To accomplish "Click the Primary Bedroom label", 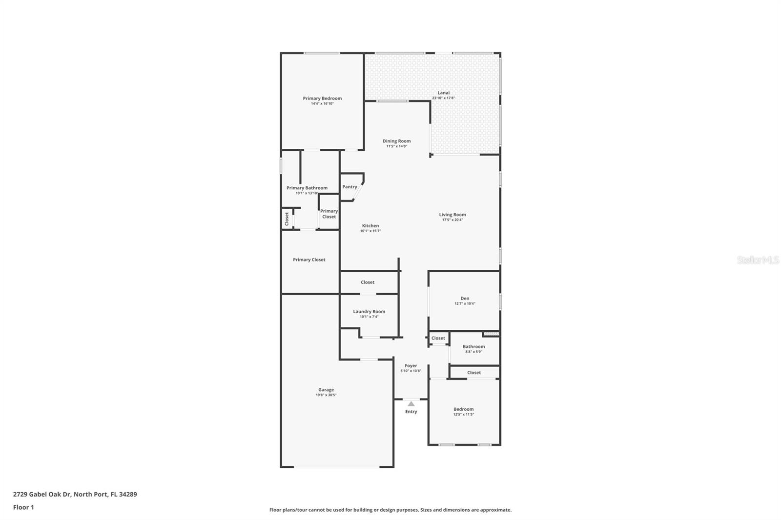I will click(322, 98).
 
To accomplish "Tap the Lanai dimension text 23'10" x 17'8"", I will click(443, 98).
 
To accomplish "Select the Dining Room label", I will click(396, 141).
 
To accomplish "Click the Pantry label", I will click(349, 187).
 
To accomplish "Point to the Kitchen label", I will click(370, 225).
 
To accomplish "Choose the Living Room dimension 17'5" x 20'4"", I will click(452, 220).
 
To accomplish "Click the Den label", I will click(465, 298).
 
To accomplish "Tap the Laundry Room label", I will click(369, 311).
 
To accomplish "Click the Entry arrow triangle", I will click(411, 403).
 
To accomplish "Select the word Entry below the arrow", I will click(411, 412).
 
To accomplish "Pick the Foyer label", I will click(411, 365).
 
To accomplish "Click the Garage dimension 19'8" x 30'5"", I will click(326, 395).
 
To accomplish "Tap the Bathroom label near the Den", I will click(473, 346).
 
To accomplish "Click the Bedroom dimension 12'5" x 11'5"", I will click(463, 415).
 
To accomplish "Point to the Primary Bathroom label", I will click(307, 188).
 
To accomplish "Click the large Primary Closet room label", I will click(309, 260).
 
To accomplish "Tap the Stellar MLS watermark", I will click(758, 260).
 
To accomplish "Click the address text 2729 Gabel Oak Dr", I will click(42, 494).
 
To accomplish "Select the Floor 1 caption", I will click(23, 507).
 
